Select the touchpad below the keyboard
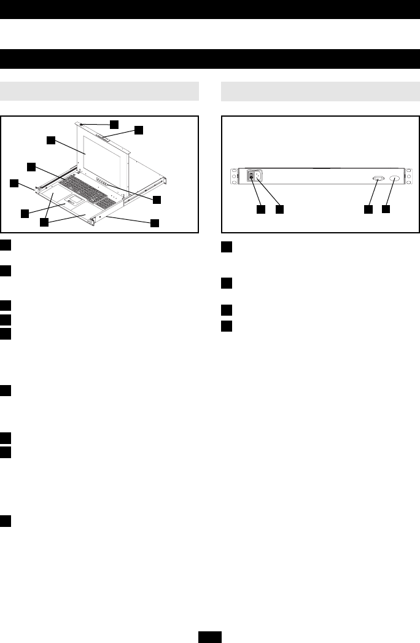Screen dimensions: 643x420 pos(72,202)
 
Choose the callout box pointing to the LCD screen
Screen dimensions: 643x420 pos(52,139)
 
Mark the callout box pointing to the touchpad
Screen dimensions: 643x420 pos(24,213)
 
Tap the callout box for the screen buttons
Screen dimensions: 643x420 pos(157,200)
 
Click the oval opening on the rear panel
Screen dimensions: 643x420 pos(394,177)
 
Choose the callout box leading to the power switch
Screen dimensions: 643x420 pos(261,209)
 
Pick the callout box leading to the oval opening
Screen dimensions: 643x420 pos(386,209)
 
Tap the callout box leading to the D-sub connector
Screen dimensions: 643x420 pos(368,209)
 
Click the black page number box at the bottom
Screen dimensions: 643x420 pos(210,637)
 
